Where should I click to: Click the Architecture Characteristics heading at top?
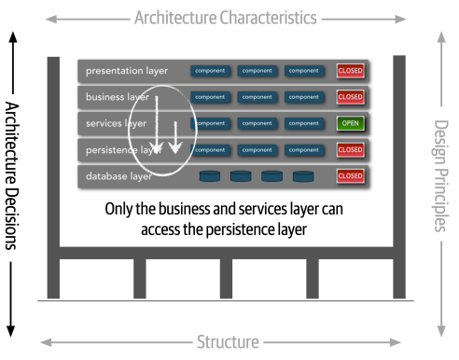[x=226, y=18]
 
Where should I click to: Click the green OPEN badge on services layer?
[x=351, y=123]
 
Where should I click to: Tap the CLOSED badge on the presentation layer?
[x=351, y=71]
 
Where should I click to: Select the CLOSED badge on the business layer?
[x=351, y=97]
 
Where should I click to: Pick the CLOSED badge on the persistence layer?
[x=351, y=149]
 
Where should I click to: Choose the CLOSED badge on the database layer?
[x=351, y=175]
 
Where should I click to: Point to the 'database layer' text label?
[x=119, y=175]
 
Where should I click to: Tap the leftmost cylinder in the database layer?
[x=210, y=175]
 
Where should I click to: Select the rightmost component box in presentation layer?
[x=304, y=71]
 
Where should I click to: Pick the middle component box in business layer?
[x=257, y=97]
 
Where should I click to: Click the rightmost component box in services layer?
[x=304, y=123]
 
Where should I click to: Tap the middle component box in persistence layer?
[x=257, y=149]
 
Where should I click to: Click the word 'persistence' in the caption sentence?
[x=246, y=228]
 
